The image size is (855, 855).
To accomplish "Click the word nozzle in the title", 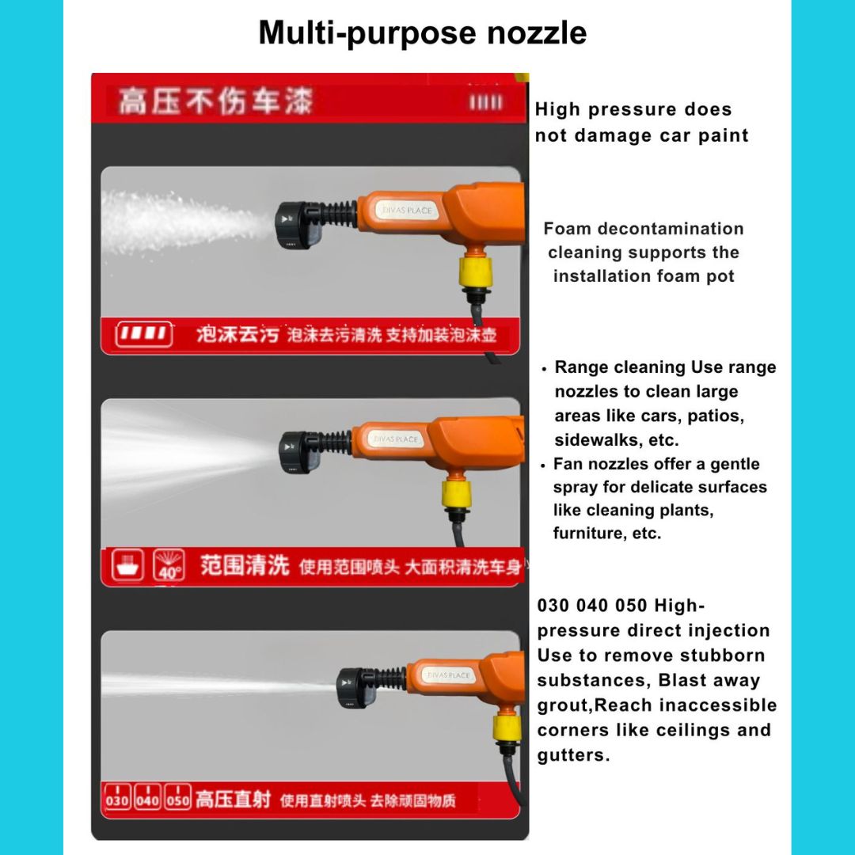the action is pos(537,32).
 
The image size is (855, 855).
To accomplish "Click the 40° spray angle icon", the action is pos(169,565).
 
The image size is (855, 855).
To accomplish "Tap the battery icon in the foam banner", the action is pos(144,333).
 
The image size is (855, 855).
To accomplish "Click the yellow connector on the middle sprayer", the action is pos(457,494).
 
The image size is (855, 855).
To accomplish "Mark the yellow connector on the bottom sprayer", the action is pos(507,726).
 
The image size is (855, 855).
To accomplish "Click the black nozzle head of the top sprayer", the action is pos(297,224).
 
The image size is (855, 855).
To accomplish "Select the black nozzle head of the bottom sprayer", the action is pos(355,688).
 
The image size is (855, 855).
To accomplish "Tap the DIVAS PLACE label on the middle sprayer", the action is pos(396,439).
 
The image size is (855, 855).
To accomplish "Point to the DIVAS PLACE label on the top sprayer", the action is pos(407,210).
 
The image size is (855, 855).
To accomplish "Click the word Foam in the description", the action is pos(567,229).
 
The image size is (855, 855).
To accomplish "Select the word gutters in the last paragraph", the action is pos(573,755).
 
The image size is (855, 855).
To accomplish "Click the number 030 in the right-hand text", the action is pos(553,606).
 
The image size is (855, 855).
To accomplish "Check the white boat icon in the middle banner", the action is pos(127,565).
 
